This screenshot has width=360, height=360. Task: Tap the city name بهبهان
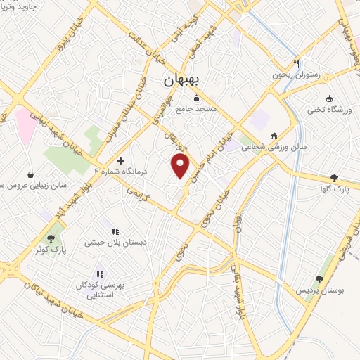click(179, 79)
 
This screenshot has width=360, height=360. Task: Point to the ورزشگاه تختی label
click(330, 109)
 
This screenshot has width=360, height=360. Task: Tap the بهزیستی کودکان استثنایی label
click(100, 290)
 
